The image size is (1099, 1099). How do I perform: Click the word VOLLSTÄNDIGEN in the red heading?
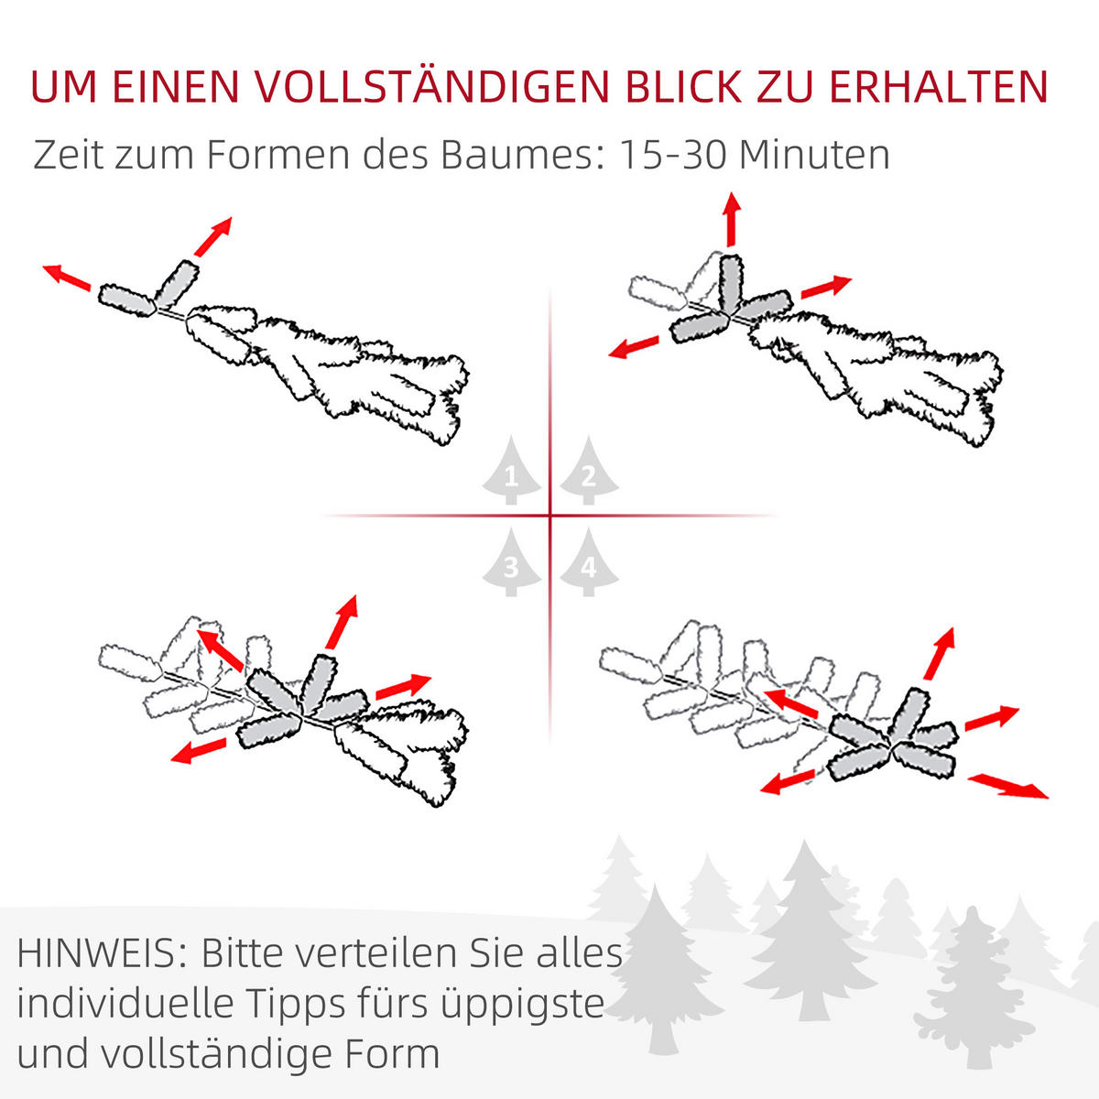coord(430,87)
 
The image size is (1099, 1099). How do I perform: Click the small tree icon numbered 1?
coord(511,471)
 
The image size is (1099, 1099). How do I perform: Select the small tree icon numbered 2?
coord(588,471)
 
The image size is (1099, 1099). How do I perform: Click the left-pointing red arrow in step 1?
coord(66,276)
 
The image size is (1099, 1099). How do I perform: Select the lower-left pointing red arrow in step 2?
coord(634,347)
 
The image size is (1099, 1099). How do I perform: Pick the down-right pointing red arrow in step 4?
coord(1008,785)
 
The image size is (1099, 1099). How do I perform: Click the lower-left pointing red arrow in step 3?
coord(199,752)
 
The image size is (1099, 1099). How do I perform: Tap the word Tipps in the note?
coord(297,1005)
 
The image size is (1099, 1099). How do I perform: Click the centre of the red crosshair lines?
coord(549,517)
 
